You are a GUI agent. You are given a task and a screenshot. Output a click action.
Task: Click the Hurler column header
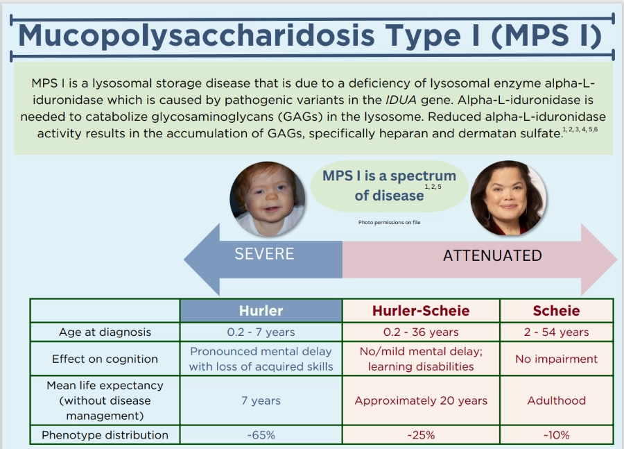tap(261, 311)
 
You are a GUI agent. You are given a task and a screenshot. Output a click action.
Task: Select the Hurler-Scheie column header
tap(421, 311)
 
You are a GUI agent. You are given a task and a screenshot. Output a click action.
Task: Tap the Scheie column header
tap(556, 311)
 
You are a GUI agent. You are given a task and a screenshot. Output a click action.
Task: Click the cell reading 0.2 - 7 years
tap(261, 332)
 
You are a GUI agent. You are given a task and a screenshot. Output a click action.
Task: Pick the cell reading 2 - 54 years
tap(556, 332)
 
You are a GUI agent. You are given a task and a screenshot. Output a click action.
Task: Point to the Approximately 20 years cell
tap(421, 400)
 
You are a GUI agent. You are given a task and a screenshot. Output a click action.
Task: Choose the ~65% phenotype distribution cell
tap(261, 434)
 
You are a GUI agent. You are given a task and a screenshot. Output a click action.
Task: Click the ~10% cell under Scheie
tap(556, 434)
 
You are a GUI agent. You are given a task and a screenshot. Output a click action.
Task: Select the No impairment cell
tap(556, 359)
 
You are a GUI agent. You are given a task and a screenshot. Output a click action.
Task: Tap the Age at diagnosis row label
tap(105, 332)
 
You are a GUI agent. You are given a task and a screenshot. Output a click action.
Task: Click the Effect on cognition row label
tap(105, 359)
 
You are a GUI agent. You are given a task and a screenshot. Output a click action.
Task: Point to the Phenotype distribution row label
tap(105, 434)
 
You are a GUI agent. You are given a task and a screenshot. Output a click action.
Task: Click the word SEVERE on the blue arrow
tap(264, 254)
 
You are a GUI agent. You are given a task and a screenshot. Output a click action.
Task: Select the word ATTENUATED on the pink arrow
tap(492, 255)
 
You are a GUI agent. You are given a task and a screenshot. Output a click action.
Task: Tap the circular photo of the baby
tap(268, 198)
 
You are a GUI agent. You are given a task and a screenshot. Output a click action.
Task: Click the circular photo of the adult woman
tap(508, 198)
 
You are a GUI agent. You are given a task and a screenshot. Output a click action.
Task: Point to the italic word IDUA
tap(401, 100)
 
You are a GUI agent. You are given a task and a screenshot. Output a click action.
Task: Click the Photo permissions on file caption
tap(389, 222)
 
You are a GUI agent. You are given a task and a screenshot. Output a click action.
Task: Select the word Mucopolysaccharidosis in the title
tap(196, 36)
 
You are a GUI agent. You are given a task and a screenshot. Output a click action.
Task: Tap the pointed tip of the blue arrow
tap(184, 260)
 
